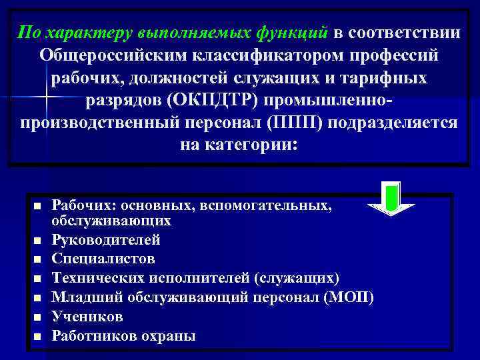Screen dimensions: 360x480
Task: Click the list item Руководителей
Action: coord(106,239)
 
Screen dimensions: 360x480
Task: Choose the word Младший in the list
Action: coord(83,297)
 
